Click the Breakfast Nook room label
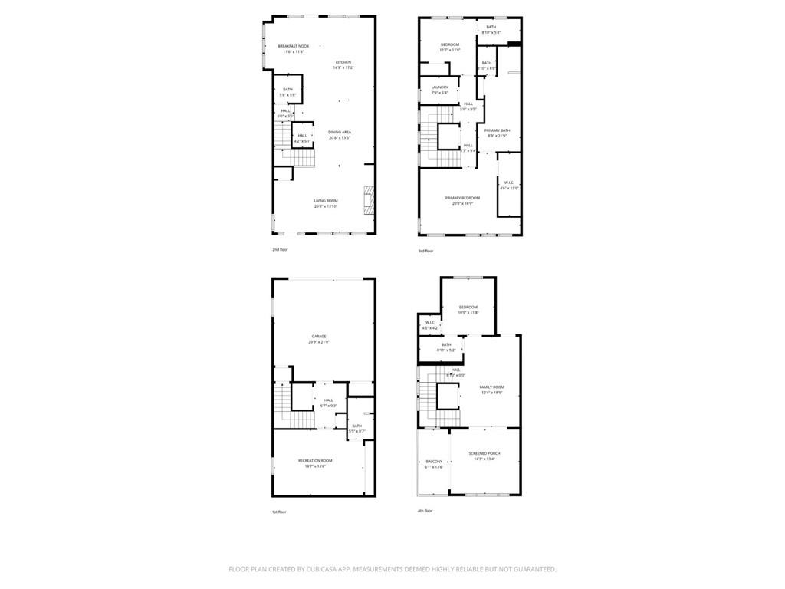(294, 47)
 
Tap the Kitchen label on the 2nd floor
(343, 62)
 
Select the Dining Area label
(340, 133)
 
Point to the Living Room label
(326, 201)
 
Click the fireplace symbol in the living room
(368, 202)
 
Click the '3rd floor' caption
(425, 251)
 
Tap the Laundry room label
(439, 87)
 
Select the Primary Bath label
(497, 130)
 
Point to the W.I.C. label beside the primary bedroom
(509, 183)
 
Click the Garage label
(319, 337)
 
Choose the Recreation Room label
(315, 460)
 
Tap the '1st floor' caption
(278, 512)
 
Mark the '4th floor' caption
(425, 511)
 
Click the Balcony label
(434, 462)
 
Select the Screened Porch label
(484, 453)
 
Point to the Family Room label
(491, 387)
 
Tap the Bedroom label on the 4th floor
(468, 307)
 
